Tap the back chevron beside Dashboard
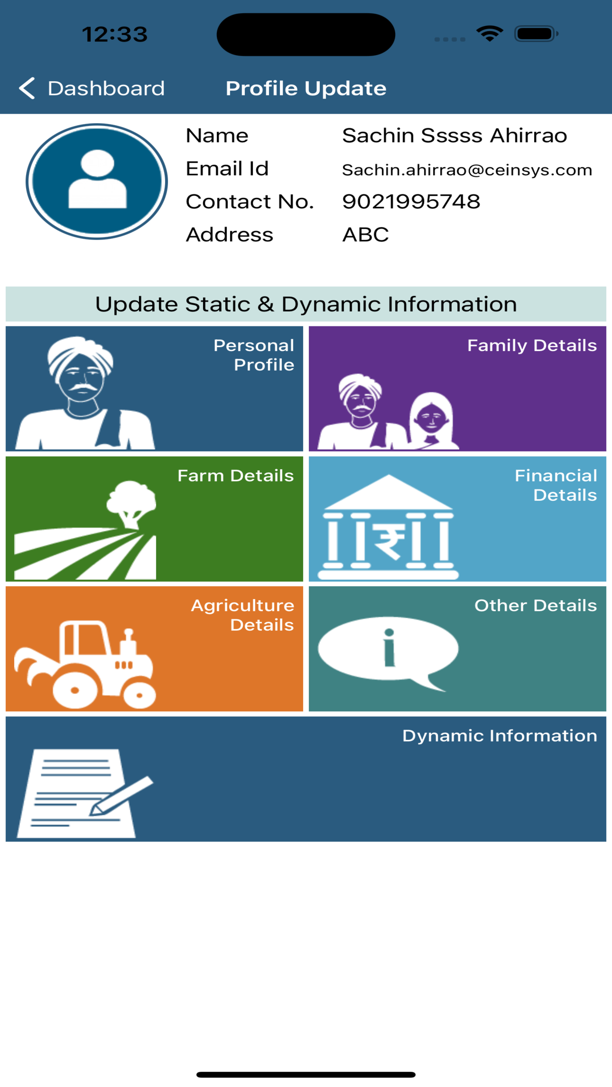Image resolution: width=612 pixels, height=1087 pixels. coord(27,89)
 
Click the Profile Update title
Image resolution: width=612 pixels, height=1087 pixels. coord(306,89)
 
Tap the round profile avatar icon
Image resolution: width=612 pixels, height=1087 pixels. coord(97,181)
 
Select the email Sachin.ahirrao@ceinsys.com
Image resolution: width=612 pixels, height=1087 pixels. coord(467,170)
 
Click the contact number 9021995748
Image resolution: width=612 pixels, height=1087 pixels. coord(411,201)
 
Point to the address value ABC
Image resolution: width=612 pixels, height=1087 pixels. coord(366,235)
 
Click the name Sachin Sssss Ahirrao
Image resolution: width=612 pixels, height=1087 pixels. coord(455,135)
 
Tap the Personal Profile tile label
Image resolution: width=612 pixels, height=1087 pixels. coord(254,355)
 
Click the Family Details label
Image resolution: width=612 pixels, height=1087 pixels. coord(532,346)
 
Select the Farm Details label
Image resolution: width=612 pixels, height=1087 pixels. coord(236,476)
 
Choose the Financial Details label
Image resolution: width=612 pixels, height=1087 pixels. coord(556,485)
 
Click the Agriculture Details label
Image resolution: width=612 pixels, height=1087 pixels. coord(242,615)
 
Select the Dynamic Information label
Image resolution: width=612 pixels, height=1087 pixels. coord(500,735)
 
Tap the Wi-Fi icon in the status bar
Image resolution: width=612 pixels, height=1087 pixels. coord(489,33)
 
